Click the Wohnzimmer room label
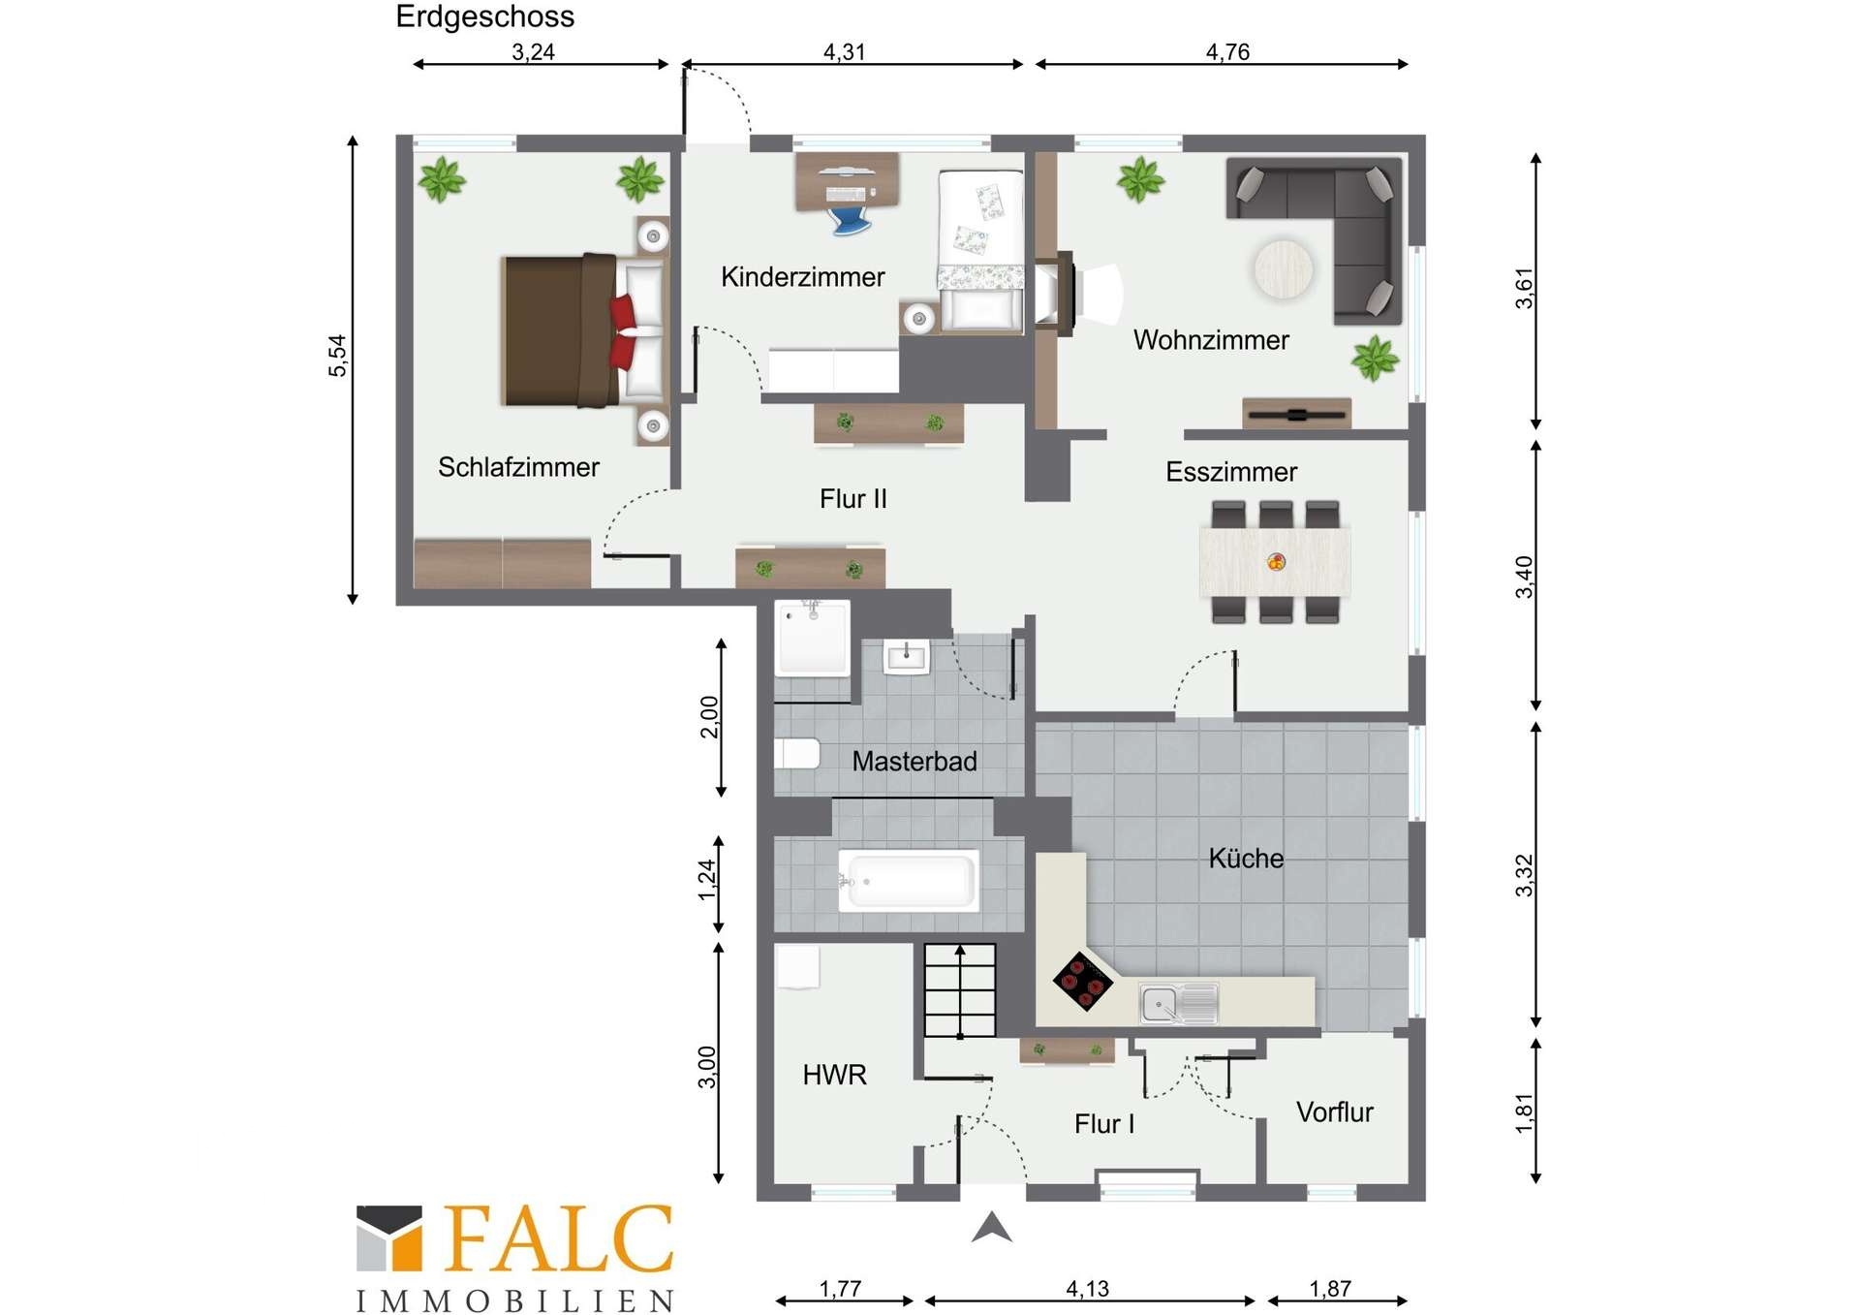(x=1211, y=340)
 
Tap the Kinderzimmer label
(x=802, y=277)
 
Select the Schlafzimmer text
(x=518, y=467)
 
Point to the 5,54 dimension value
(x=336, y=356)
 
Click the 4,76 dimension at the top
(x=1227, y=51)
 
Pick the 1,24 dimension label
(x=707, y=880)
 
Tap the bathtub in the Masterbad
(x=908, y=880)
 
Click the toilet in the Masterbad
(x=797, y=753)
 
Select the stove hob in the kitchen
(x=1082, y=981)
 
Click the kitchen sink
(x=1178, y=1003)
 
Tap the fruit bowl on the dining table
(x=1277, y=561)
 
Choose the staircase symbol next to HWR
(x=959, y=990)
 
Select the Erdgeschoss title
(x=484, y=16)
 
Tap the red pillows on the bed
(x=623, y=331)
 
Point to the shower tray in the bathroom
(x=812, y=638)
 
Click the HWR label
(x=834, y=1075)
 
